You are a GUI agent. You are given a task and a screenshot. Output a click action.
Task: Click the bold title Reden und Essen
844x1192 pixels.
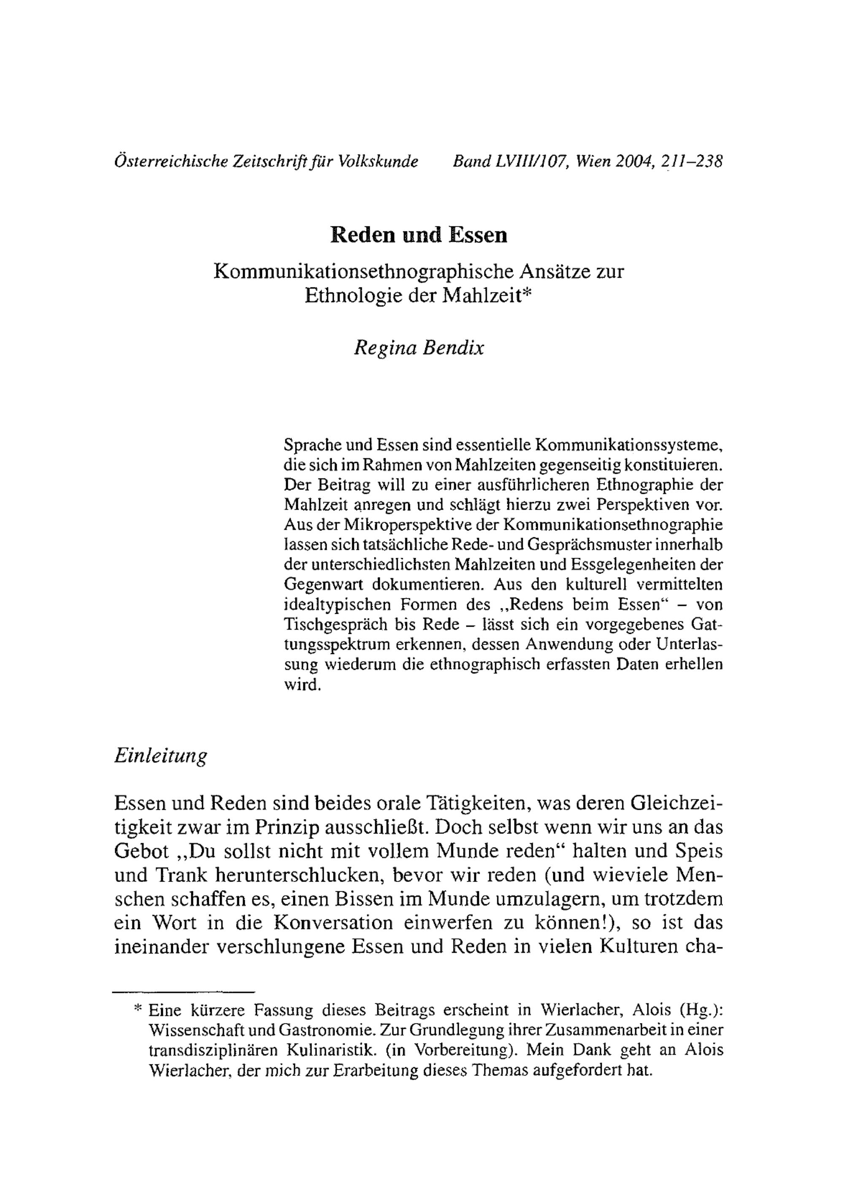(x=419, y=235)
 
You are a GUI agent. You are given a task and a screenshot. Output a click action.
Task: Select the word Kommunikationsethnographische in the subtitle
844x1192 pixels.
(x=345, y=272)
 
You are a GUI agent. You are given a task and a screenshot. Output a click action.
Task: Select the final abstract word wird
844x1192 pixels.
(x=300, y=685)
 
